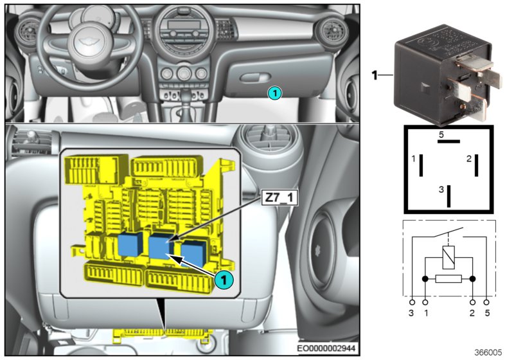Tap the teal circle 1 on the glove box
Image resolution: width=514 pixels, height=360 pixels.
pos(274,93)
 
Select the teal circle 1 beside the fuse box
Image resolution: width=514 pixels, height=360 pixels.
pos(223,280)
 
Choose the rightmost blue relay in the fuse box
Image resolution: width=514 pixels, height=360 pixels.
pos(193,250)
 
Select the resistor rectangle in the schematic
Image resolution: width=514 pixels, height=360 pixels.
pos(448,279)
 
